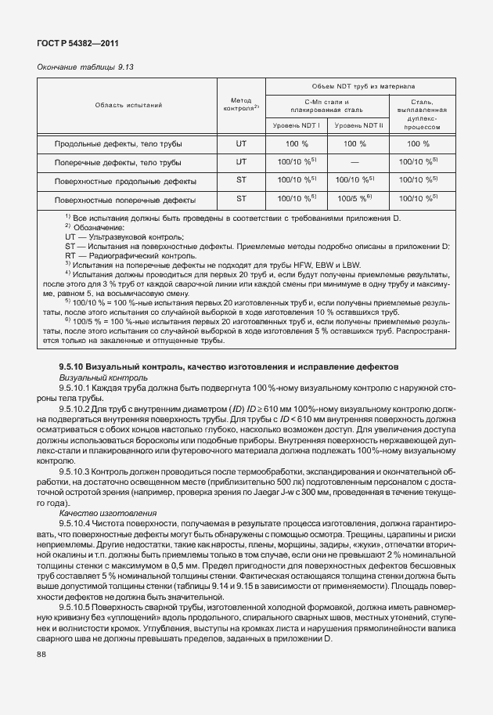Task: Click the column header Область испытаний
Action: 128,105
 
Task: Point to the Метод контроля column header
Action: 241,105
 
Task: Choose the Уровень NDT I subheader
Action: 297,125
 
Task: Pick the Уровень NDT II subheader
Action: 358,125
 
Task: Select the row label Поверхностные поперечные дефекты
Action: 124,200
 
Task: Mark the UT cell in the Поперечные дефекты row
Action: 241,162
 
